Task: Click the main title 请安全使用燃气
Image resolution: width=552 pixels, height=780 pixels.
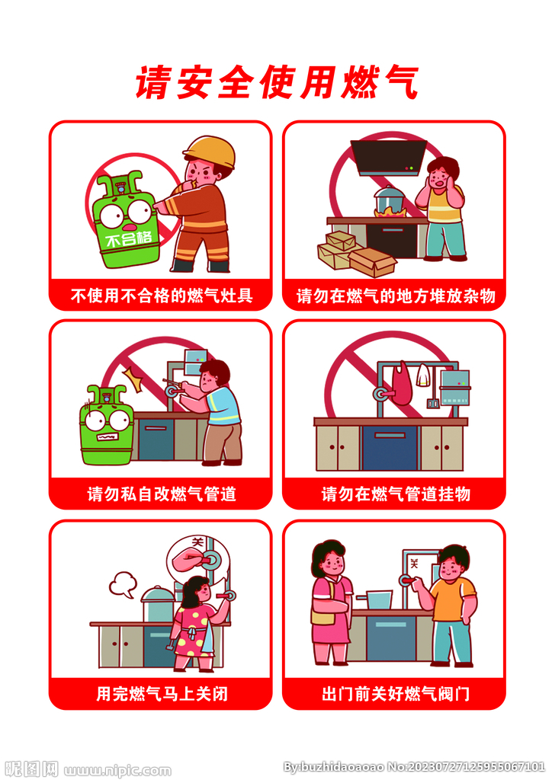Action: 276,82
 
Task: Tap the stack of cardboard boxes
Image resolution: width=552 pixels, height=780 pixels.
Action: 355,252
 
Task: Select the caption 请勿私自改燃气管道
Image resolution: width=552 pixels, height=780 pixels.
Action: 161,494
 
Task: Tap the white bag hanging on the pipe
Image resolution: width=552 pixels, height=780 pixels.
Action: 425,378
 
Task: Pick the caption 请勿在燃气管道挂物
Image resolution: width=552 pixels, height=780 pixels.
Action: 395,494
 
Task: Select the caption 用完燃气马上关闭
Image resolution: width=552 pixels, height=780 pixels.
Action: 161,694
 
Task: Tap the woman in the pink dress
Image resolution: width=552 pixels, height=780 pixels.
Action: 331,602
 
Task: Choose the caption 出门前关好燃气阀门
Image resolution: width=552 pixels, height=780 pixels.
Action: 395,694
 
